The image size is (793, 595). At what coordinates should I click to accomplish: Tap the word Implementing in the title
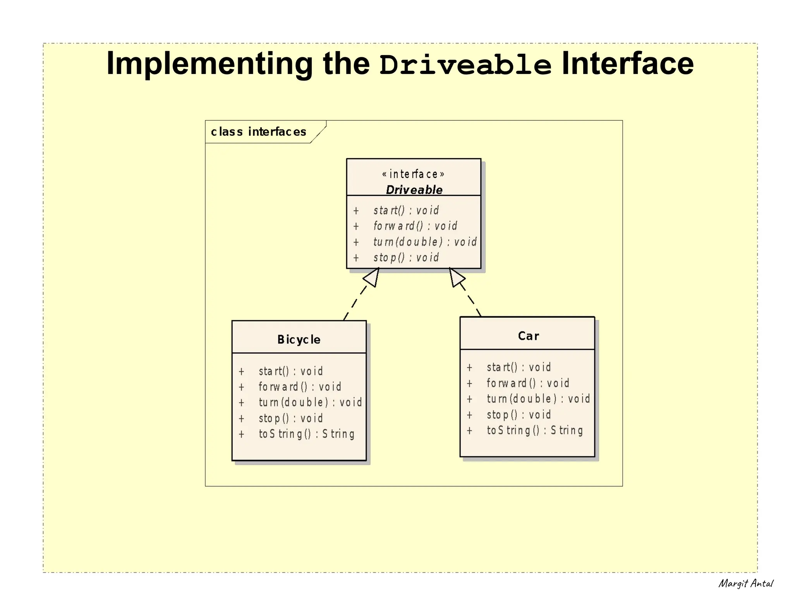point(209,64)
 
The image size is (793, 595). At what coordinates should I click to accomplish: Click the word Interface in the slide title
point(627,64)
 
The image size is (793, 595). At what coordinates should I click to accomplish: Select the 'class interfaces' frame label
point(258,132)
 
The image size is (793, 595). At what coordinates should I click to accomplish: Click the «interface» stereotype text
point(413,174)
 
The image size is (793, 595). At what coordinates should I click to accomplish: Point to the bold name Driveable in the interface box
point(414,190)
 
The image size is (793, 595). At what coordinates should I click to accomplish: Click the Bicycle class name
point(299,340)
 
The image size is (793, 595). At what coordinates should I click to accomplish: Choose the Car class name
point(528,336)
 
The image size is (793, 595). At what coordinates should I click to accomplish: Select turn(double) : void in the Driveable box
point(425,242)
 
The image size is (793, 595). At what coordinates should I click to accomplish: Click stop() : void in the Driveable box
point(406,257)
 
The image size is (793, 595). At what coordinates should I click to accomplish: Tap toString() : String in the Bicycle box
point(306,434)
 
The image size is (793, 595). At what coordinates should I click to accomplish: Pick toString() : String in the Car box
point(534,430)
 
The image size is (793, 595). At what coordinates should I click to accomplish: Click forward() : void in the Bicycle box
point(300,387)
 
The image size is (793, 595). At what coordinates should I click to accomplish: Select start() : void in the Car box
point(518,367)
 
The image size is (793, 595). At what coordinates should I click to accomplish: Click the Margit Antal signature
point(745,583)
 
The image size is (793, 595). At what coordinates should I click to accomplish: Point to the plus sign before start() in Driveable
point(356,211)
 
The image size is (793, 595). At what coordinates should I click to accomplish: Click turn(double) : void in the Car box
point(538,399)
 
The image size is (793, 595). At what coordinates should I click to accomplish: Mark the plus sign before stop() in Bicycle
point(241,418)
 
